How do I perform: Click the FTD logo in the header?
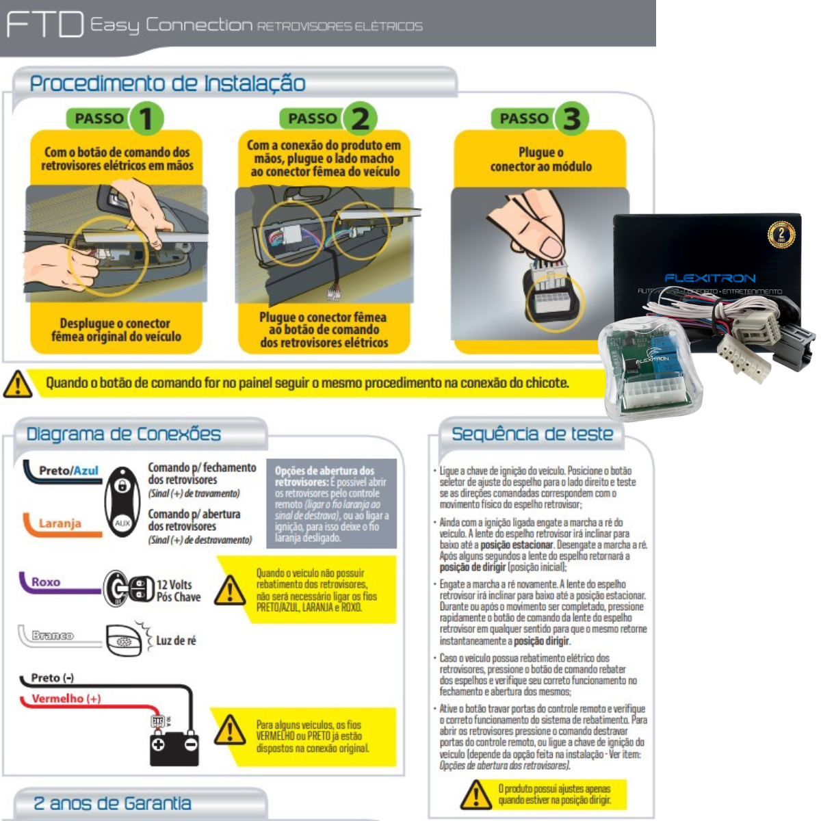44,25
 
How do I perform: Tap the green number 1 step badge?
146,119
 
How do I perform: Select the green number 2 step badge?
360,119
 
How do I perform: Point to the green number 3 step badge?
571,119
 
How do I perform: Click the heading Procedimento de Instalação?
168,83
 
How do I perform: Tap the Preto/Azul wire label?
68,471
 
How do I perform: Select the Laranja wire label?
60,523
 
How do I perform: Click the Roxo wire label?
46,582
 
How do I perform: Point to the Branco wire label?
53,636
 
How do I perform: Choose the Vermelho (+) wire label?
66,699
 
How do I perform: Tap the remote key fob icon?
122,502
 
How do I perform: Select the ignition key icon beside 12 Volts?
129,588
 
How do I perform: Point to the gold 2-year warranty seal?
781,235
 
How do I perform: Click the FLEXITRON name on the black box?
709,278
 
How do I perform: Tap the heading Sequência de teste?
532,434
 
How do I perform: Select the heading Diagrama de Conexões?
124,434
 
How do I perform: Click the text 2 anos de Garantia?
113,803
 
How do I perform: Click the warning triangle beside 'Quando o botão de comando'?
18,384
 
